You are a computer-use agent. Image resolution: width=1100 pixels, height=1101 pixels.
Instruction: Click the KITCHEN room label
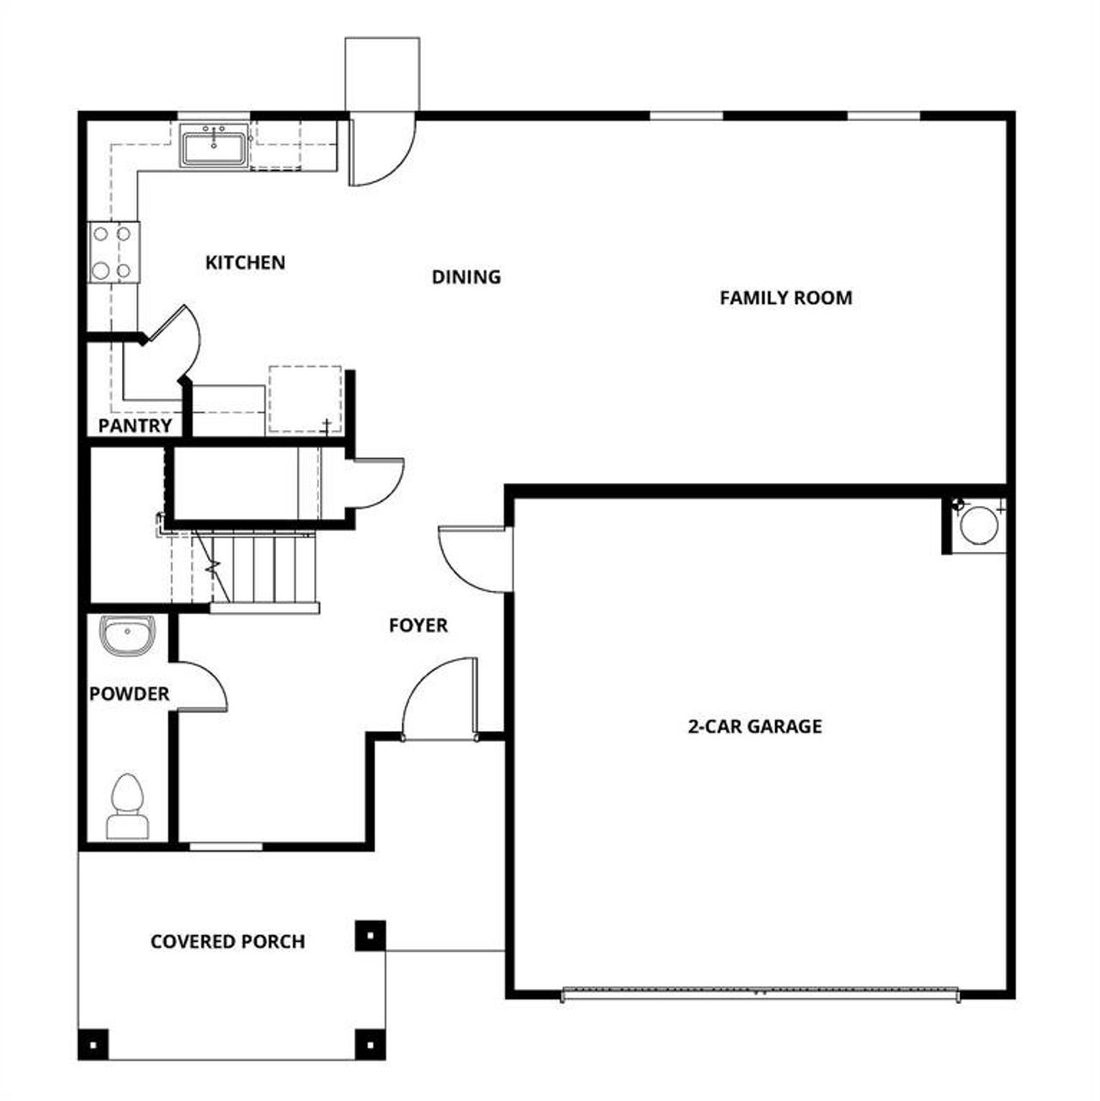245,262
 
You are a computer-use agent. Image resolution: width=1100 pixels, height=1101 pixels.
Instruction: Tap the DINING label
466,277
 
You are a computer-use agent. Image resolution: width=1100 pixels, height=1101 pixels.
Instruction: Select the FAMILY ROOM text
785,298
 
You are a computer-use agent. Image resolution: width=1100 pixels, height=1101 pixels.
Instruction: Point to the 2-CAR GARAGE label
755,727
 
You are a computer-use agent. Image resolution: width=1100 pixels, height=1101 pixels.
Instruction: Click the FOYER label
418,625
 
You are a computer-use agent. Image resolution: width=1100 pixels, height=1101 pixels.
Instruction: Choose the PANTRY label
135,426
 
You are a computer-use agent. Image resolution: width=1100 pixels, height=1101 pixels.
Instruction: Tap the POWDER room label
129,694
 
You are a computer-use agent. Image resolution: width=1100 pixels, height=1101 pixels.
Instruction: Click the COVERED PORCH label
228,941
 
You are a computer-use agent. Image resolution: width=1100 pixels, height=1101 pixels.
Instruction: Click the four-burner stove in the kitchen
113,252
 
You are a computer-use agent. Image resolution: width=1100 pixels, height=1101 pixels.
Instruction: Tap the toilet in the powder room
127,806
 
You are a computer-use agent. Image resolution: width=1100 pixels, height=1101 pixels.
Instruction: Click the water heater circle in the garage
977,525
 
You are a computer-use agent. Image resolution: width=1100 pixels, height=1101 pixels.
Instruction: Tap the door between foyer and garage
475,559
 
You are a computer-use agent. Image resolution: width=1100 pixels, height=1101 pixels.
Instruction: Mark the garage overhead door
760,994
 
